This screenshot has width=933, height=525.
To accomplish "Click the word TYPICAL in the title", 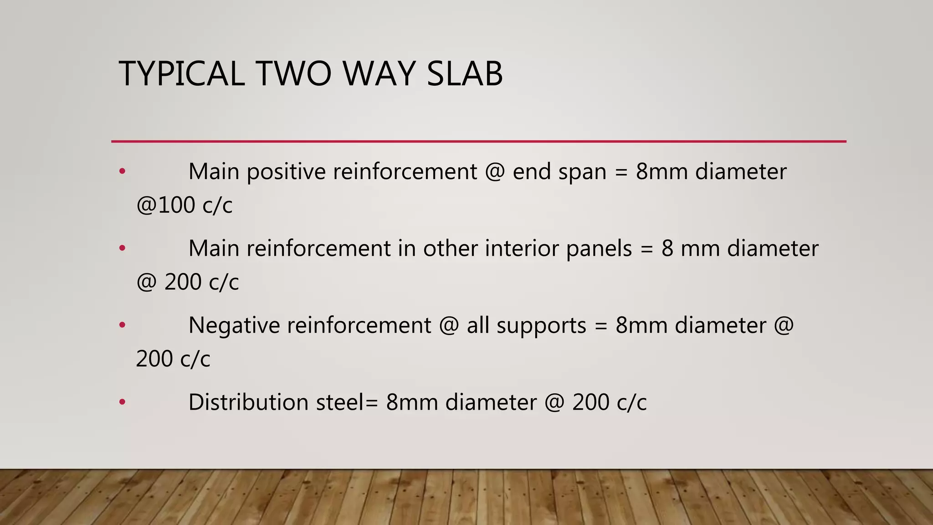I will pyautogui.click(x=181, y=73).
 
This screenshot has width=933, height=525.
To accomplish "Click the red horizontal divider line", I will pyautogui.click(x=478, y=142).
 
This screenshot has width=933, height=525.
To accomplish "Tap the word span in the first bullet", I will pyautogui.click(x=582, y=172).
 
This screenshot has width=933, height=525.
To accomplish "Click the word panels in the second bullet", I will pyautogui.click(x=599, y=249).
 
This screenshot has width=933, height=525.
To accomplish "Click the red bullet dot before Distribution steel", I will pyautogui.click(x=122, y=402).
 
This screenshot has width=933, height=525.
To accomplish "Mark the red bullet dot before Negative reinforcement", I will pyautogui.click(x=122, y=325).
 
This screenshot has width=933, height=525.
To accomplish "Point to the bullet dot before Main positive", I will pyautogui.click(x=122, y=172).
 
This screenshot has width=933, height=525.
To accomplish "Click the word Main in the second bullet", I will pyautogui.click(x=213, y=249).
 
